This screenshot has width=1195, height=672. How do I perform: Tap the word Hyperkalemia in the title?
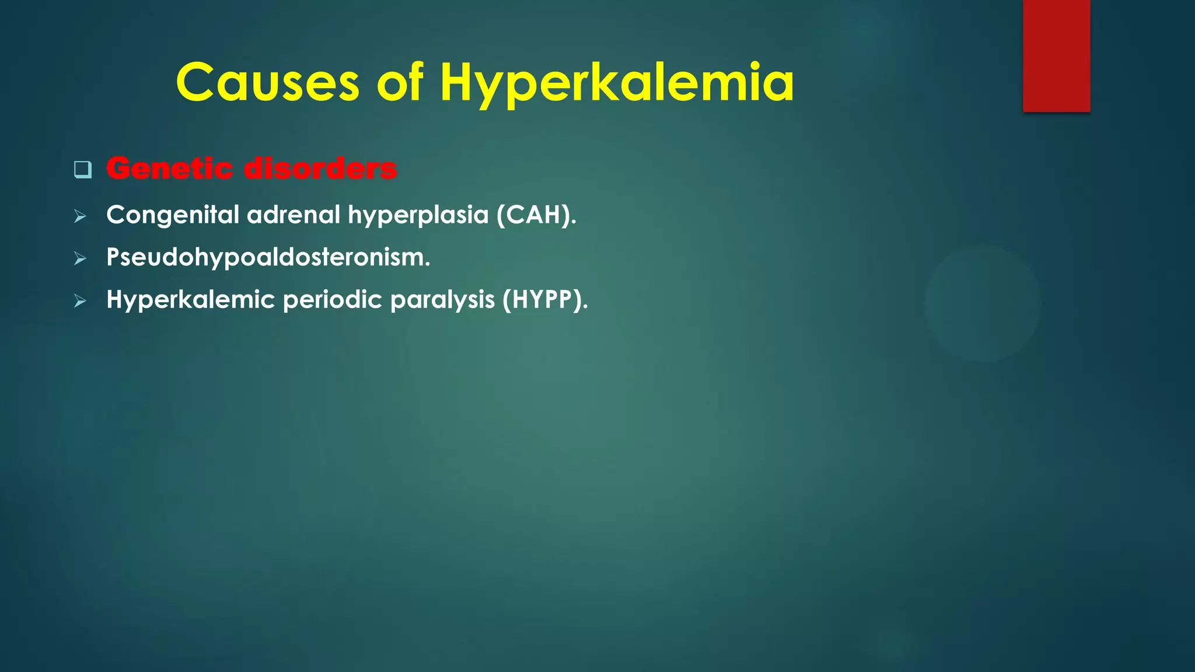(617, 83)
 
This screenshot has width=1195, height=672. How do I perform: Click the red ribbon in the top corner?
(1056, 55)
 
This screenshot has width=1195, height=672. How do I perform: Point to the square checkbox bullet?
(83, 170)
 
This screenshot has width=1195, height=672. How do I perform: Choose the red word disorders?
(320, 169)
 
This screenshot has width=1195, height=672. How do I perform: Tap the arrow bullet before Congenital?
(81, 217)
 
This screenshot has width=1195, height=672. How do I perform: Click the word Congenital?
(173, 215)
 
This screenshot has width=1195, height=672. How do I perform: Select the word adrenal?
(293, 215)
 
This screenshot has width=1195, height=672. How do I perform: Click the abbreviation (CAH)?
(536, 215)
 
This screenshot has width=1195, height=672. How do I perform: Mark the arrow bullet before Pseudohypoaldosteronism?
(81, 259)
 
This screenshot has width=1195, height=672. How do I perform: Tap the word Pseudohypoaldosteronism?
(268, 257)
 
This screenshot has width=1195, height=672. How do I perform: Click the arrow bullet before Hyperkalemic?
(81, 302)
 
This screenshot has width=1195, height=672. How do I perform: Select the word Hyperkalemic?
(190, 300)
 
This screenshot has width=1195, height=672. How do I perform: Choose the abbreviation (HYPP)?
(545, 300)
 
